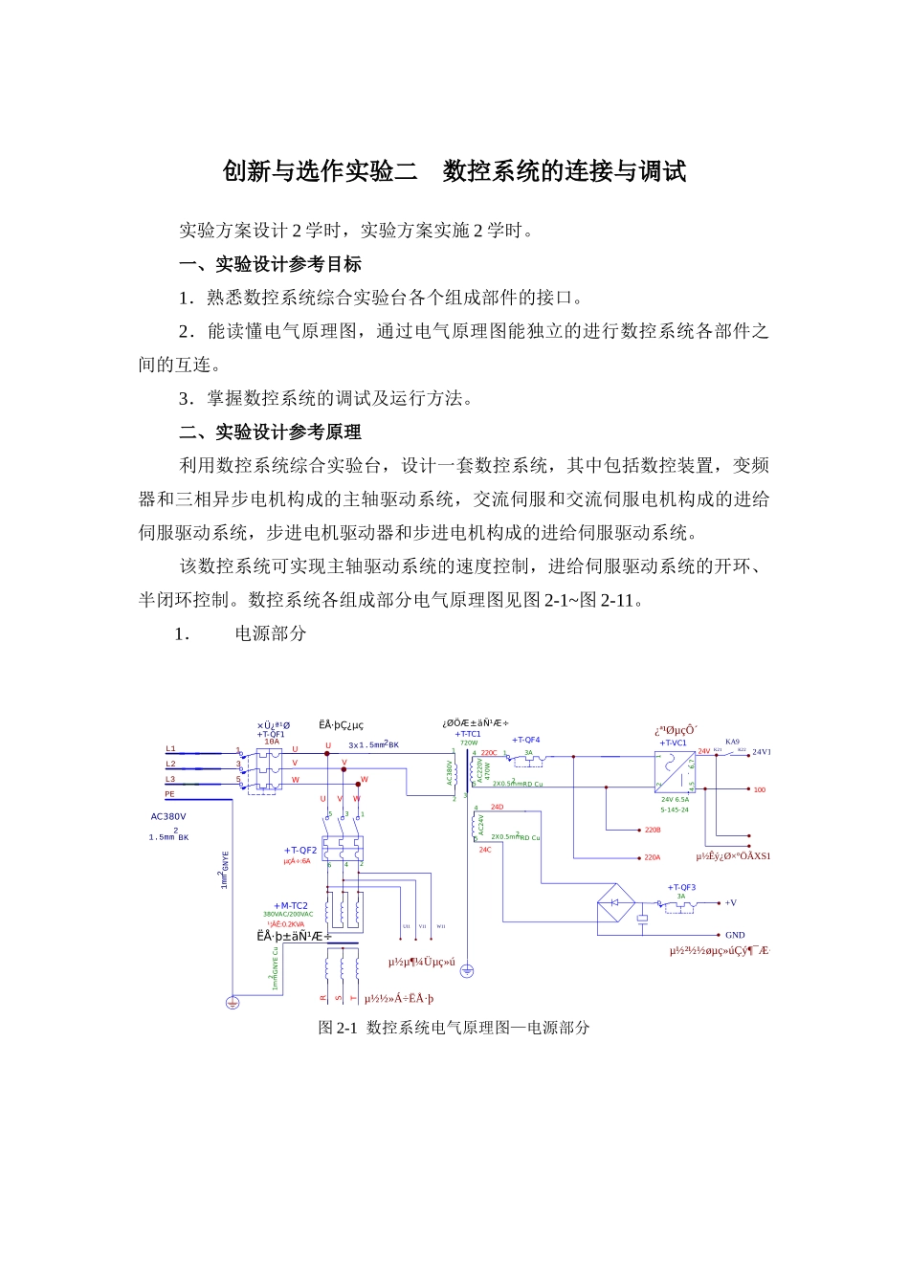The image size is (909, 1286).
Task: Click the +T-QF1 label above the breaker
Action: pyautogui.click(x=271, y=734)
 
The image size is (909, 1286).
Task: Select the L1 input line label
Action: pyautogui.click(x=170, y=749)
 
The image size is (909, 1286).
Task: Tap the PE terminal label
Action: pyautogui.click(x=169, y=794)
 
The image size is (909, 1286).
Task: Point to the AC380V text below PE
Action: pyautogui.click(x=168, y=817)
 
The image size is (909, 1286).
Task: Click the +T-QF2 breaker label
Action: pyautogui.click(x=300, y=850)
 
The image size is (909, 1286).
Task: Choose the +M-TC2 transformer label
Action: pyautogui.click(x=291, y=905)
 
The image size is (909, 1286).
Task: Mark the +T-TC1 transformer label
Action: pyautogui.click(x=468, y=734)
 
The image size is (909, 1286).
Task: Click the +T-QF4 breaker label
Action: pyautogui.click(x=525, y=740)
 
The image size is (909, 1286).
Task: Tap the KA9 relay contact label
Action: pyautogui.click(x=732, y=742)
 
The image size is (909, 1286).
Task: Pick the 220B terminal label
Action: pyautogui.click(x=653, y=831)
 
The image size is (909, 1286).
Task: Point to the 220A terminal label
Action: pyautogui.click(x=652, y=857)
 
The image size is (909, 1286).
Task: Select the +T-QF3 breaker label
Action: pyautogui.click(x=681, y=887)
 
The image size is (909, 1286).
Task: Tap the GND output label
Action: pyautogui.click(x=735, y=935)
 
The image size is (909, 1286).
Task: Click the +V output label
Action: pyautogui.click(x=730, y=902)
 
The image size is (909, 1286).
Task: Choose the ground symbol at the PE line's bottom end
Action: pyautogui.click(x=232, y=1003)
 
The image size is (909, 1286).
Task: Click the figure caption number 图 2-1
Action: pyautogui.click(x=337, y=1028)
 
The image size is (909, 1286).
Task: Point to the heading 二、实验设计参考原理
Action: pyautogui.click(x=270, y=432)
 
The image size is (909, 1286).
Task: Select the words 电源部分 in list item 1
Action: pyautogui.click(x=271, y=633)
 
